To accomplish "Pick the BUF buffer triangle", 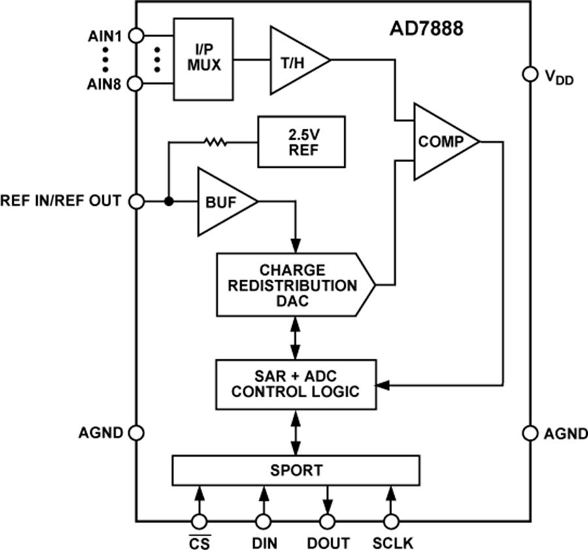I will [x=223, y=202].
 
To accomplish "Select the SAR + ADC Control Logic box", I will [x=296, y=385].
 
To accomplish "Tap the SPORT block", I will [x=296, y=470].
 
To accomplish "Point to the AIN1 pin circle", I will [x=137, y=35].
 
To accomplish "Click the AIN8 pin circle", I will [x=137, y=84].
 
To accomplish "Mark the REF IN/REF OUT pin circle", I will [x=137, y=202].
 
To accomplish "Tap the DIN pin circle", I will [x=263, y=521].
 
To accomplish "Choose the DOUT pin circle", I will [x=327, y=521].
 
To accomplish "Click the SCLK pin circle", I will [x=391, y=521].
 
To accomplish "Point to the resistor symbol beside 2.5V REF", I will [x=215, y=141].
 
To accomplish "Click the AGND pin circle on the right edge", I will [x=529, y=432].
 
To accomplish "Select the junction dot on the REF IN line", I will [x=169, y=202].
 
